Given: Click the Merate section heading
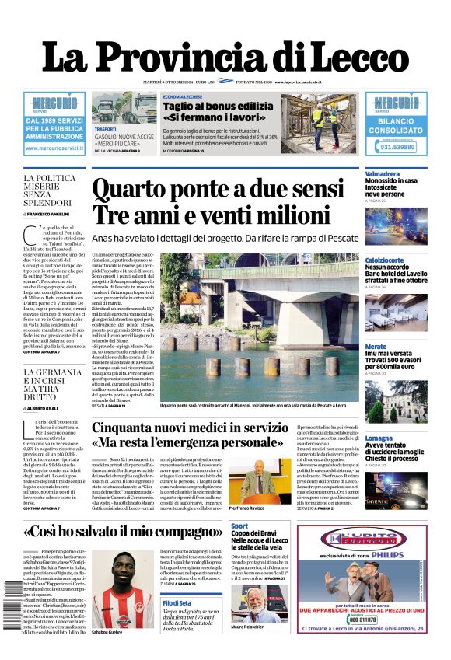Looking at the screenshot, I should tap(376, 346).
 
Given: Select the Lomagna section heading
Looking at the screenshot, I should tap(379, 438).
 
